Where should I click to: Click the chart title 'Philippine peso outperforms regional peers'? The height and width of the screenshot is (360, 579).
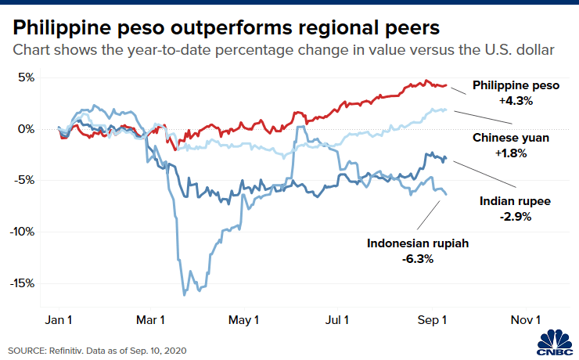(226, 28)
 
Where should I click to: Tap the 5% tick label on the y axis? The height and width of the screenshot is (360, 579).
(27, 77)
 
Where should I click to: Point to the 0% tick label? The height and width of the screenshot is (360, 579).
(27, 129)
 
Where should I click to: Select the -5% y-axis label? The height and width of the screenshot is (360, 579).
(26, 180)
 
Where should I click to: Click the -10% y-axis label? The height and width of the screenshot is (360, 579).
(23, 232)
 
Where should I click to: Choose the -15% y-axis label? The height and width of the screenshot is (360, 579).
(23, 283)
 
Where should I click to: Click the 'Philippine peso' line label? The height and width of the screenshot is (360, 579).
(516, 85)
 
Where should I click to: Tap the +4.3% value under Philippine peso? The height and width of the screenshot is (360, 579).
(516, 101)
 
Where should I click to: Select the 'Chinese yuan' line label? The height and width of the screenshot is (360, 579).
(511, 138)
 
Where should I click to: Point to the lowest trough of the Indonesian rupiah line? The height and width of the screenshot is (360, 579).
(184, 295)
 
